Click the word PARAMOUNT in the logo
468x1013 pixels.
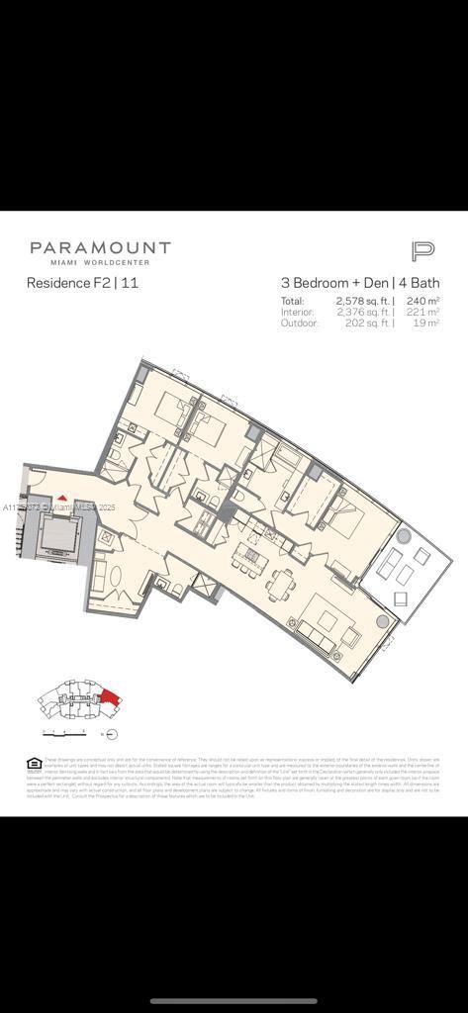point(100,248)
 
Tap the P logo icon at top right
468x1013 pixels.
point(422,251)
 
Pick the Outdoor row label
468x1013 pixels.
point(299,322)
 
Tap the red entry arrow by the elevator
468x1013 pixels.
point(62,499)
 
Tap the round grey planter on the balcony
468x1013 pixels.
point(403,535)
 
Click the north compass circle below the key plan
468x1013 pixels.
point(111,734)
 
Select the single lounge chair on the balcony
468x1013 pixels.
point(401,599)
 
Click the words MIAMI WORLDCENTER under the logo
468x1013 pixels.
point(100,262)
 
